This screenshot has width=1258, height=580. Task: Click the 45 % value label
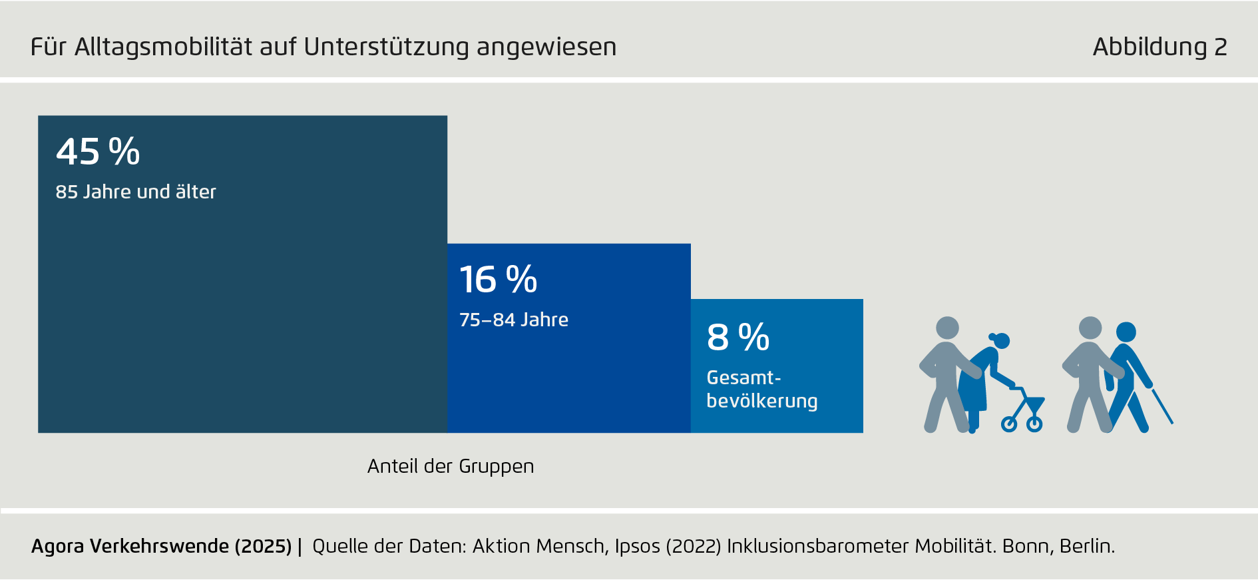click(x=98, y=152)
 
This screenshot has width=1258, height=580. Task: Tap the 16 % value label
click(x=498, y=280)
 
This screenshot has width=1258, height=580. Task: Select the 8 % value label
click(x=738, y=338)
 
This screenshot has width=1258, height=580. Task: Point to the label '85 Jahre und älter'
click(x=136, y=192)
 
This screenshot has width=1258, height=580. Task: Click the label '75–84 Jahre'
click(x=514, y=320)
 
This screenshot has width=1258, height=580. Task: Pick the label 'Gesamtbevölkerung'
click(x=761, y=390)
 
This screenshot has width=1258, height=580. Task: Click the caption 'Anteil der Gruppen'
click(x=451, y=466)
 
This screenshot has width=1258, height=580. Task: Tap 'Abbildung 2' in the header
click(x=1159, y=47)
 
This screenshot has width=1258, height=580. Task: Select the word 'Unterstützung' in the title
click(x=387, y=47)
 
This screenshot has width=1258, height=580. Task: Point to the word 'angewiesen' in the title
click(x=546, y=47)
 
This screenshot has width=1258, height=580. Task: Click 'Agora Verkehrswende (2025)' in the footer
click(x=161, y=547)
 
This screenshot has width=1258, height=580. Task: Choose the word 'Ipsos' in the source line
click(x=637, y=547)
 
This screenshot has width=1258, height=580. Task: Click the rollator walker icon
click(x=1025, y=410)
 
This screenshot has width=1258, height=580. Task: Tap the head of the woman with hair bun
click(x=1001, y=341)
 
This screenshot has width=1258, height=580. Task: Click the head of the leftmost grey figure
click(x=947, y=328)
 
